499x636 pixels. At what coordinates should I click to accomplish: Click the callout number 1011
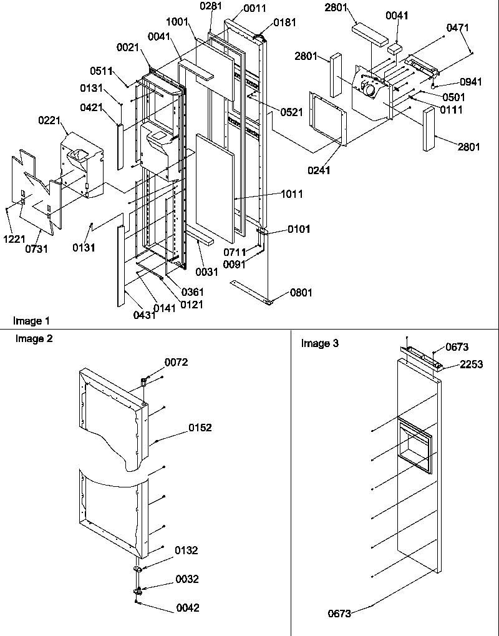(291, 195)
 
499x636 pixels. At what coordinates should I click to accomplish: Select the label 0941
(471, 81)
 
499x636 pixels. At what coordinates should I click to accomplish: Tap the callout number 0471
(458, 28)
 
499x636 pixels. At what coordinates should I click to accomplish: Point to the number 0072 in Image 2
(176, 362)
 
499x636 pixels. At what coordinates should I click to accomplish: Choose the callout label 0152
(201, 428)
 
